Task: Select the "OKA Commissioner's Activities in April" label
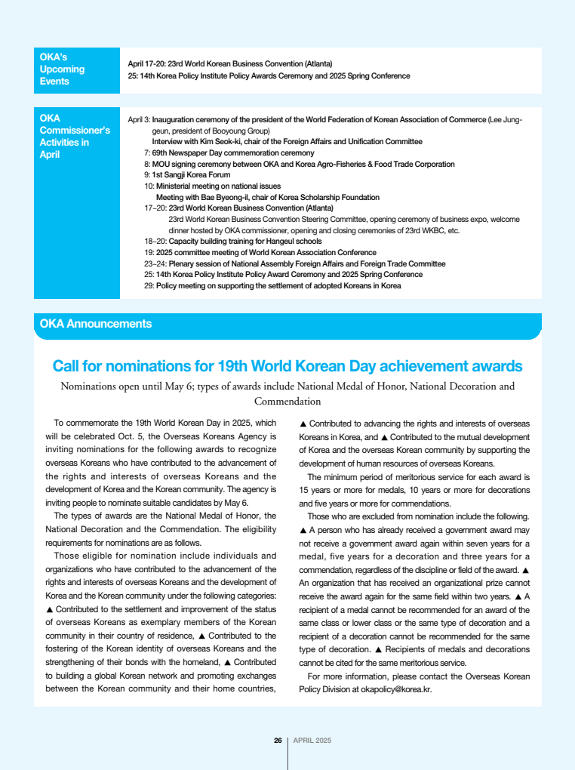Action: tap(74, 136)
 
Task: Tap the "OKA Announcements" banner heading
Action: tap(96, 324)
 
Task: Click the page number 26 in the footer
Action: tap(278, 740)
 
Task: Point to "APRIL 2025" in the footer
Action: tap(312, 740)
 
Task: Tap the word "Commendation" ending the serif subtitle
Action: tap(287, 402)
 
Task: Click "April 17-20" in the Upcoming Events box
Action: tap(146, 63)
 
